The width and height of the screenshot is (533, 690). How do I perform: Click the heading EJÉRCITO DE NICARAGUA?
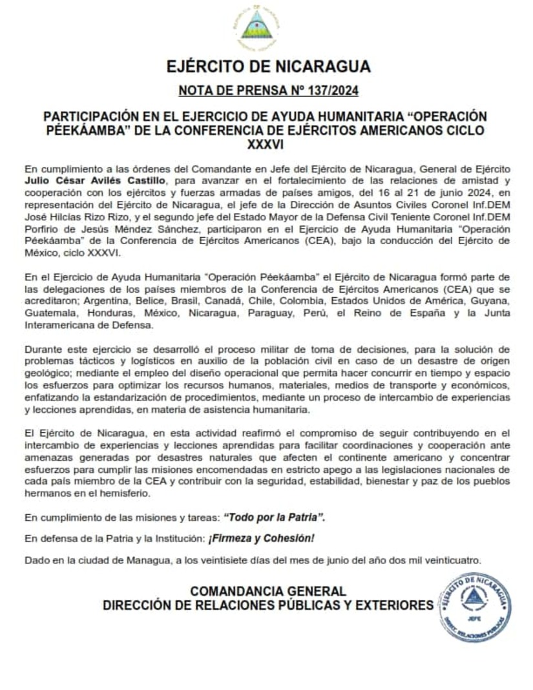(x=268, y=67)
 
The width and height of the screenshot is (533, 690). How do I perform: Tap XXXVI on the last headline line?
(x=266, y=141)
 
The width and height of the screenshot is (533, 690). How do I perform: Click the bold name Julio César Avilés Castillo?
(x=96, y=179)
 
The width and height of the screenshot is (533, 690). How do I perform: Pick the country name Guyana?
(x=488, y=302)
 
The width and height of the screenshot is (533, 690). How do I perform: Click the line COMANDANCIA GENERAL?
(x=268, y=591)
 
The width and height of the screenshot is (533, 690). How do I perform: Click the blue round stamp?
(x=475, y=607)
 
